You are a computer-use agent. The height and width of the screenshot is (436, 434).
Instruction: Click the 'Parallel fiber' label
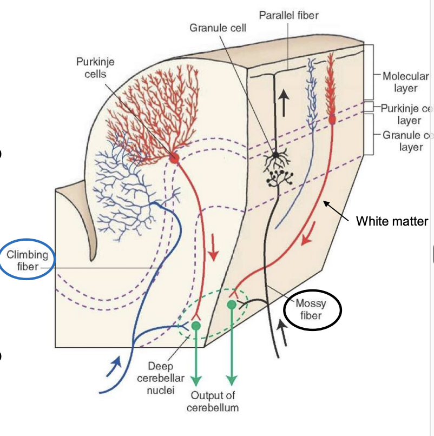pos(288,15)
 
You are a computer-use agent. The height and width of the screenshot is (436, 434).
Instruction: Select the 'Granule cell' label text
pos(218,27)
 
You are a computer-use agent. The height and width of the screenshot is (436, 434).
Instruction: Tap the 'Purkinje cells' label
pos(95,68)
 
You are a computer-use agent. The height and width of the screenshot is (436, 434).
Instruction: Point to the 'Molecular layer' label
pos(405,82)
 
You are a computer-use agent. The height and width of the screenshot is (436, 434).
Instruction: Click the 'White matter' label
pos(392,221)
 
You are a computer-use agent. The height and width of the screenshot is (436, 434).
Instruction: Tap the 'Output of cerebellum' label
pos(213,401)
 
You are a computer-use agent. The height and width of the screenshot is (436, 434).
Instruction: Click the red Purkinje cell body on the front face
pos(174,158)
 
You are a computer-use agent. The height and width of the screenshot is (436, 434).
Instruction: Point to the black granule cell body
pos(276,155)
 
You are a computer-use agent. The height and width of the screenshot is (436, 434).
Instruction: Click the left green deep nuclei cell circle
pos(196,326)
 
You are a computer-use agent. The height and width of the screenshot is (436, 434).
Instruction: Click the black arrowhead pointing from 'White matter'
pos(325,203)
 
